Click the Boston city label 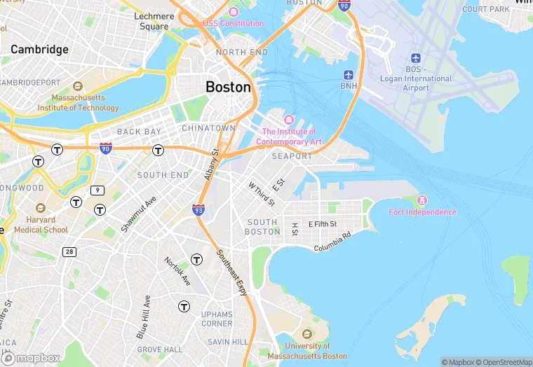228,87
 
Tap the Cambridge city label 39,50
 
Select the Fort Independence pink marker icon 423,201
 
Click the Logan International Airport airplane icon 415,57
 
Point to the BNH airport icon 349,74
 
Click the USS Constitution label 233,23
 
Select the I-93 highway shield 198,209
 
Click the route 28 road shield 69,251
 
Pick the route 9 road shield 97,191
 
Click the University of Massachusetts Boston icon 306,333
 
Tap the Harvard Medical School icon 41,209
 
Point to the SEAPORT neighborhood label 292,156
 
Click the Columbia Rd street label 332,243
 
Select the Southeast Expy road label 232,273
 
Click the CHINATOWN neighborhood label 208,128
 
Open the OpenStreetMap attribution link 504,362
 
